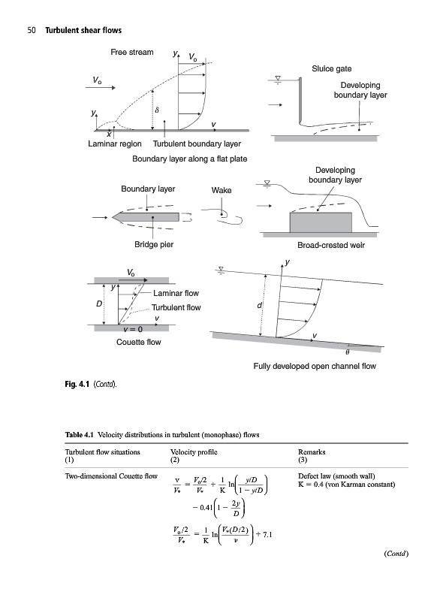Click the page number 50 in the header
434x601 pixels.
coord(32,30)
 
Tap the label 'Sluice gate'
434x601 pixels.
coord(331,68)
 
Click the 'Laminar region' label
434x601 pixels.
coord(115,143)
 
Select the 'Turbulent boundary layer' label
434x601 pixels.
coord(197,143)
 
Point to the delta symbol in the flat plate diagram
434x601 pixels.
coord(157,110)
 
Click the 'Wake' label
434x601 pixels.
coord(222,190)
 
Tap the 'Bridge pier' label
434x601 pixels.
coord(154,244)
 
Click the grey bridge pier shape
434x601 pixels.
coord(146,217)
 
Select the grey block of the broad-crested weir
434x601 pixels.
coord(321,222)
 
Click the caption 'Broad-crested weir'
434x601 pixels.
coord(331,245)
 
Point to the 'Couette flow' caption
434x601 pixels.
coord(139,342)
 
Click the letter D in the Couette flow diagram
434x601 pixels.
coord(99,304)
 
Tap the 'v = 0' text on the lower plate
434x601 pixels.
coord(133,329)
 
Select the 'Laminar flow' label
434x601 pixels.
coord(176,293)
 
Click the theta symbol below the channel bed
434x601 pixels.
coord(348,352)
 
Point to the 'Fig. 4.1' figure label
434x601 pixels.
coord(77,384)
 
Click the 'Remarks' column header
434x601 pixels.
coord(312,452)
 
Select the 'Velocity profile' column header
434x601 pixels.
coord(194,452)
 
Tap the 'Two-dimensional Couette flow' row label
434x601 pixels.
coord(111,476)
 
